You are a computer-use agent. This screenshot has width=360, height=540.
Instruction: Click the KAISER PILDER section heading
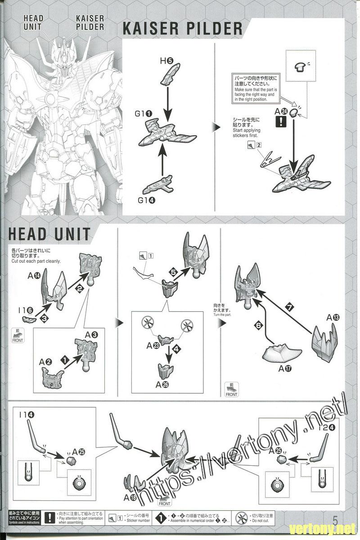[183, 28]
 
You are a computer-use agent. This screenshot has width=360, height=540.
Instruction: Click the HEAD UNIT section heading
[49, 234]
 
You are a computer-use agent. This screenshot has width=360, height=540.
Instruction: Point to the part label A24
[281, 111]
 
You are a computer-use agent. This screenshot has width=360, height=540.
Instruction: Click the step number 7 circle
[290, 307]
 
